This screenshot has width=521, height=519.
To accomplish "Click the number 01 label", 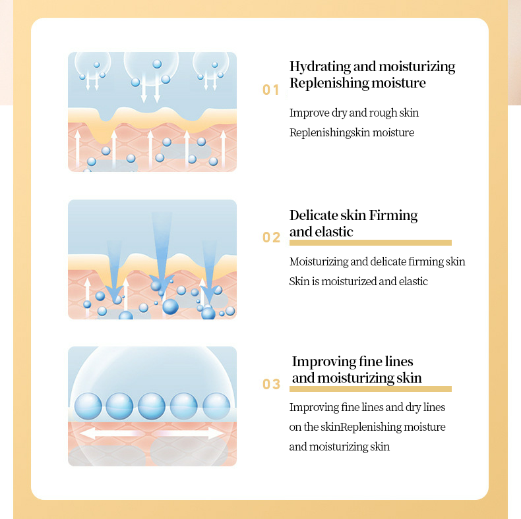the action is (x=270, y=90).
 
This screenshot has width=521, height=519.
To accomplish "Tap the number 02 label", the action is (x=271, y=237).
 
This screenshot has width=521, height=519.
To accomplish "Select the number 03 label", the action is (x=271, y=384).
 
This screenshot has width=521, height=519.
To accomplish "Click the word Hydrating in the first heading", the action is (x=320, y=67).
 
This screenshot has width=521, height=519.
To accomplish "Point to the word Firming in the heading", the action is (x=394, y=216).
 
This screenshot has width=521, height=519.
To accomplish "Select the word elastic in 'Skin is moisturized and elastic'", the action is (x=414, y=281).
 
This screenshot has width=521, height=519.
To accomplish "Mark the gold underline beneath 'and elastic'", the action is (x=371, y=242).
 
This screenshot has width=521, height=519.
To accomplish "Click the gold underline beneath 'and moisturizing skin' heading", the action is (x=371, y=389).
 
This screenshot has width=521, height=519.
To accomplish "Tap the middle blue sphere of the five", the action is (x=152, y=406).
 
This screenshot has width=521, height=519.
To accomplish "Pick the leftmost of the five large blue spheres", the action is (x=88, y=406).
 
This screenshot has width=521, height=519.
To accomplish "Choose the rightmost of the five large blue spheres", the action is (x=216, y=406).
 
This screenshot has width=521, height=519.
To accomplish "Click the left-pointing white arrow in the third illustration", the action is (x=109, y=433).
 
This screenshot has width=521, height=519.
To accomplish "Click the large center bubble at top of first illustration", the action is (x=151, y=68).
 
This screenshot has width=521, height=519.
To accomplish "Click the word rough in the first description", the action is (x=383, y=113).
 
